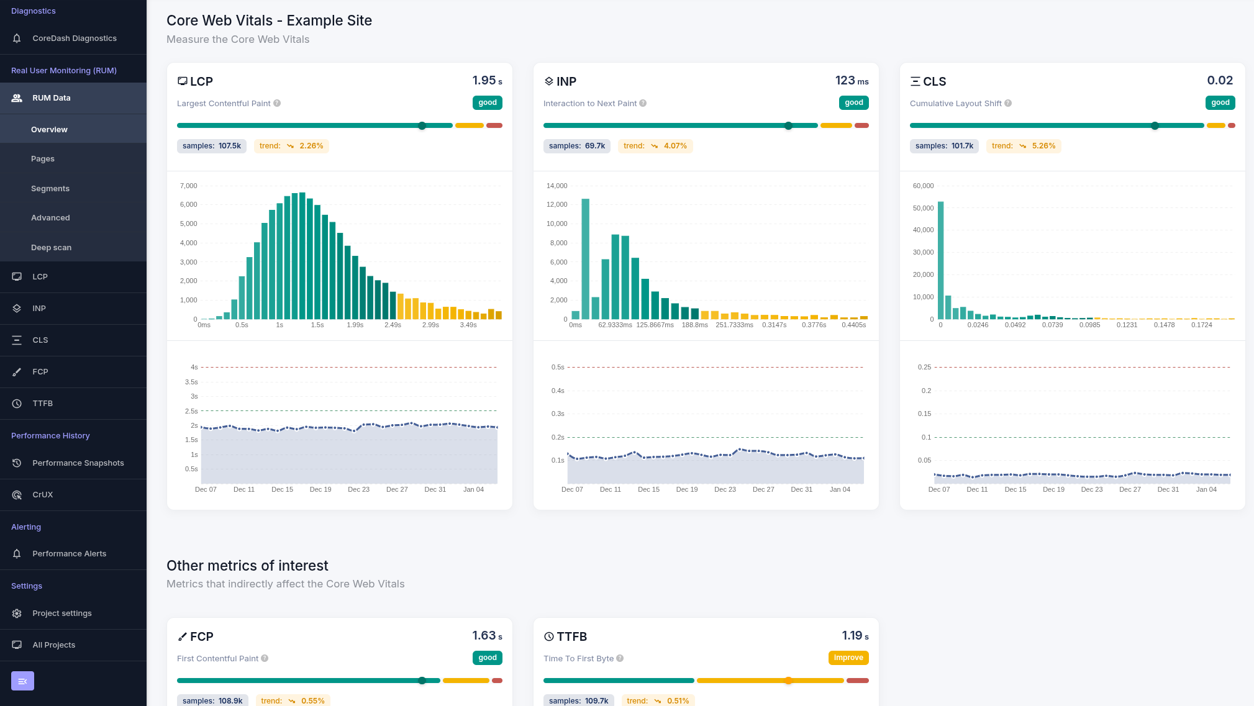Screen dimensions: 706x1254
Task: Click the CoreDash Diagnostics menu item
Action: point(74,38)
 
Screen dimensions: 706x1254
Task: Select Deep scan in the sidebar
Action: point(51,248)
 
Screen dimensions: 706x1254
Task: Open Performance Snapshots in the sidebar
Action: point(78,463)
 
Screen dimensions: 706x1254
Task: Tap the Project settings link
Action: point(61,613)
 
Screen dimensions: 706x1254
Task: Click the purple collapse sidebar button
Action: point(22,681)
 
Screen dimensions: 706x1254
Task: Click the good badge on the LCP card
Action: point(487,103)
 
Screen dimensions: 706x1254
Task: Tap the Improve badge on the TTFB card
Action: point(848,658)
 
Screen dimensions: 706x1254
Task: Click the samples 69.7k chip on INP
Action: point(576,147)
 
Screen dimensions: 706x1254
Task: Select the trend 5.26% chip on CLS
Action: point(1023,147)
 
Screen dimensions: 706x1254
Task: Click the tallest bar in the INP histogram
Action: point(585,258)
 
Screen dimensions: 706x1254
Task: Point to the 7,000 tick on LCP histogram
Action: point(188,186)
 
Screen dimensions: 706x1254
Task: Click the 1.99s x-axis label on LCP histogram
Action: point(355,325)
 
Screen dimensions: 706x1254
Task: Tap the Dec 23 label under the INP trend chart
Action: point(724,490)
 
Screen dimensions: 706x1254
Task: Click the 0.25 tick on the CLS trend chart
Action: point(924,368)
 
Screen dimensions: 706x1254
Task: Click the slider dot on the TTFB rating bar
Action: point(788,681)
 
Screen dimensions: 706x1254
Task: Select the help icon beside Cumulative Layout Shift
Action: point(1008,104)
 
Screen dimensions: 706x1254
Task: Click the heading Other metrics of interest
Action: point(247,566)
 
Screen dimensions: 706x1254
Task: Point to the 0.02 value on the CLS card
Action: point(1219,81)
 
